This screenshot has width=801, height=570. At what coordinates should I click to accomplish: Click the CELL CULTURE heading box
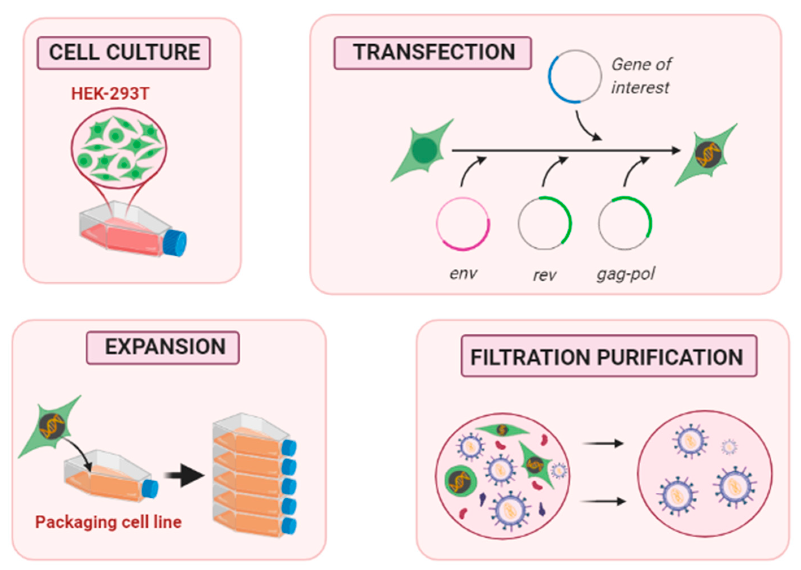(124, 53)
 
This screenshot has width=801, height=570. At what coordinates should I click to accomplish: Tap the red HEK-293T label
(110, 94)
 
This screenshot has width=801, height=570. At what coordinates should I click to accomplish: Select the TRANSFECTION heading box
(433, 53)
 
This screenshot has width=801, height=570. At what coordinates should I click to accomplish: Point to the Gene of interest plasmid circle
(575, 76)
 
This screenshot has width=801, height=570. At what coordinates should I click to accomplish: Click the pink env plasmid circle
(463, 224)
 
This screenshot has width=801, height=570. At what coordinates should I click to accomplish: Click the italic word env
(463, 273)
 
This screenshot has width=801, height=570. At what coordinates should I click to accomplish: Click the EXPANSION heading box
(163, 348)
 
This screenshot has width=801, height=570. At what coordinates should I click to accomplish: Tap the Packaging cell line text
(108, 522)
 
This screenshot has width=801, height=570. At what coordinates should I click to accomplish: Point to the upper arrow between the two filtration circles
(603, 444)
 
